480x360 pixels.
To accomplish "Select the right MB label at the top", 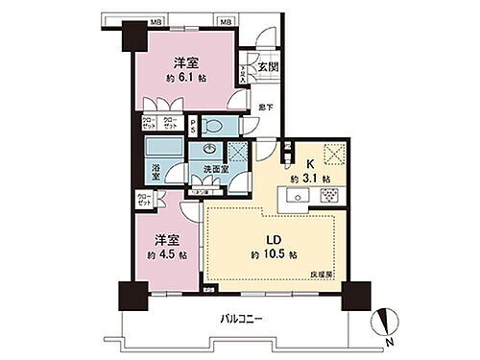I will coord(226,19).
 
